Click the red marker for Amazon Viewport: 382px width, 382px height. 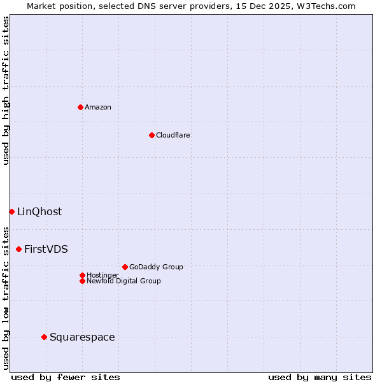[x=80, y=107]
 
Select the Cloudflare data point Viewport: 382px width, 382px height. [x=152, y=135]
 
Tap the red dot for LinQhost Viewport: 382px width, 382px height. [x=11, y=211]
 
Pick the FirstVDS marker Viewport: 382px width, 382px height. [x=18, y=249]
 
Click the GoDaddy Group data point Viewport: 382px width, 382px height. [x=125, y=267]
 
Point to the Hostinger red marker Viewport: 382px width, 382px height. [x=82, y=275]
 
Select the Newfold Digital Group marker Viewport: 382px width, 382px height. [x=82, y=281]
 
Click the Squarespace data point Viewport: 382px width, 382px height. [x=44, y=337]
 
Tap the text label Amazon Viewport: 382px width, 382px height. [x=97, y=107]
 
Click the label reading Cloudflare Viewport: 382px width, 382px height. [x=173, y=135]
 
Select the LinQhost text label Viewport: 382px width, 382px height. [x=39, y=211]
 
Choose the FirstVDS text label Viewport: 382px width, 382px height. [x=46, y=249]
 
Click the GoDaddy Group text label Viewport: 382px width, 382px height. [x=156, y=267]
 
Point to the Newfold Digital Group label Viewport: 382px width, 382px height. [x=124, y=281]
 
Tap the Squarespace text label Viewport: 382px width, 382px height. [x=82, y=337]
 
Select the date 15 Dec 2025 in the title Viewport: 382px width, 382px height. [x=267, y=6]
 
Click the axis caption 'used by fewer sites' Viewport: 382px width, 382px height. [x=66, y=377]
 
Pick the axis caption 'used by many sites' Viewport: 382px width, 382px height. [x=320, y=377]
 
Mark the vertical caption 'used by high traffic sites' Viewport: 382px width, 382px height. [x=6, y=90]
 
